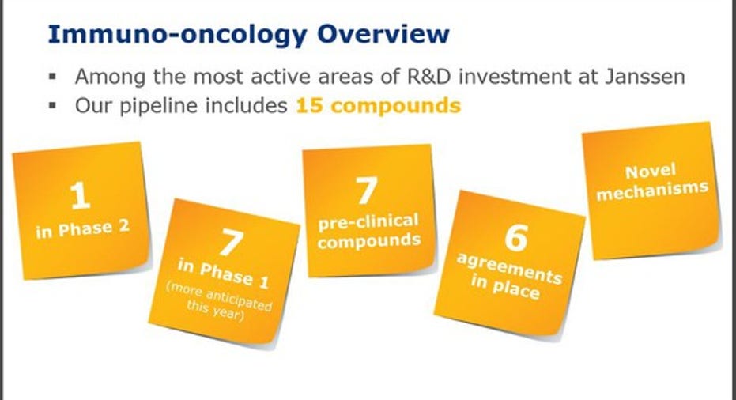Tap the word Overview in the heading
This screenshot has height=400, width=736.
click(x=383, y=34)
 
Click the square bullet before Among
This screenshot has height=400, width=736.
click(x=52, y=76)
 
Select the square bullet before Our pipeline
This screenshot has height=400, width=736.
click(x=52, y=105)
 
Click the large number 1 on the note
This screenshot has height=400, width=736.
click(x=80, y=195)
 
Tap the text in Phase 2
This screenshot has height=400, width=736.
click(x=82, y=229)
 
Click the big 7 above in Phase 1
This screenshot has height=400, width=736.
click(x=231, y=242)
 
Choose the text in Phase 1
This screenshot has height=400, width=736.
click(x=223, y=274)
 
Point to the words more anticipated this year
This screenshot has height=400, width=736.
click(x=218, y=303)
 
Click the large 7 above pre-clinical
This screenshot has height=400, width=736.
click(x=366, y=191)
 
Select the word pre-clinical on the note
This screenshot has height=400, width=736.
click(x=368, y=221)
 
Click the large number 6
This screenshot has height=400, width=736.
click(x=516, y=237)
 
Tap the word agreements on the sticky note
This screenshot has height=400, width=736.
click(x=509, y=269)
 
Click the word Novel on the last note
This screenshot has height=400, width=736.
click(x=650, y=172)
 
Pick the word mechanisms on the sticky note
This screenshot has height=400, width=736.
click(x=652, y=191)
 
